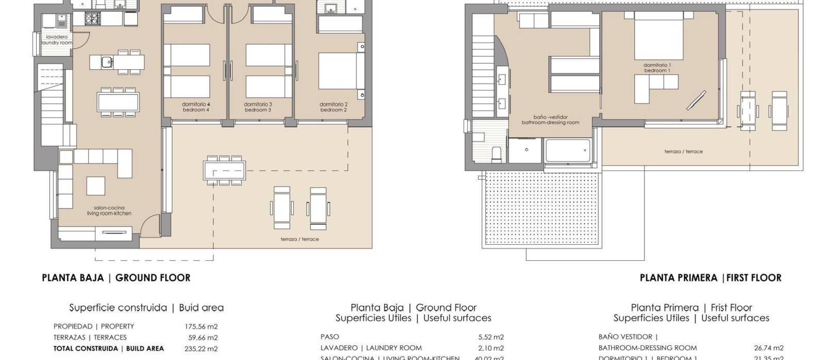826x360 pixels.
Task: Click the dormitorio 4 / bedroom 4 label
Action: [x=196, y=107]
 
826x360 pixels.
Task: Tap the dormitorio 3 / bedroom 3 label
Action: [x=258, y=107]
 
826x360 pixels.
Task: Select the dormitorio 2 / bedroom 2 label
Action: [x=333, y=107]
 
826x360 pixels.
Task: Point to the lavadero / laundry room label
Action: [x=57, y=40]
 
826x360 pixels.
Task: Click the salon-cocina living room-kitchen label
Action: [x=109, y=211]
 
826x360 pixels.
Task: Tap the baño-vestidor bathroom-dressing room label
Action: [x=550, y=120]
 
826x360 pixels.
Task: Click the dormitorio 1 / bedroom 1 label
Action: [x=657, y=68]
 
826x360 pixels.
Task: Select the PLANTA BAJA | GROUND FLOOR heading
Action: [x=116, y=278]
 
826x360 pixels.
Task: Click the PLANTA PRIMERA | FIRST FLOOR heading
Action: [x=710, y=278]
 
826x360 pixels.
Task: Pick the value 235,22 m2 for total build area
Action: [x=201, y=349]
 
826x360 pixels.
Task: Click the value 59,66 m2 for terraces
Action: [x=203, y=338]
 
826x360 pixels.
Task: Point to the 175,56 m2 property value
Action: [x=201, y=326]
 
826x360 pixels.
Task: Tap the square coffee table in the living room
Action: [x=96, y=186]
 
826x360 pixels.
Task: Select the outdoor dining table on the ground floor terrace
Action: [x=225, y=170]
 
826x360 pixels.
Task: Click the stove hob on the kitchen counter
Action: [x=92, y=18]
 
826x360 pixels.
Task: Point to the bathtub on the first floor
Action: [x=567, y=151]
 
